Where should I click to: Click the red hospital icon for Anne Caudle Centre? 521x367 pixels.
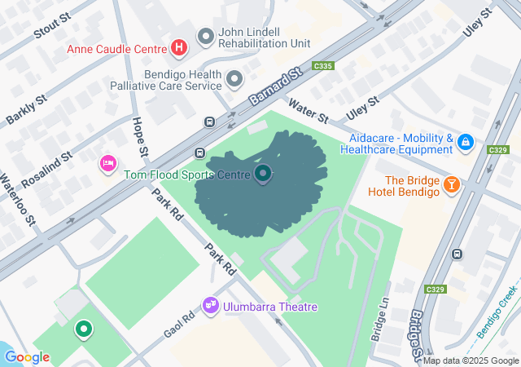click(x=179, y=48)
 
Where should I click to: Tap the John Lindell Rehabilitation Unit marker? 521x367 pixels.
click(x=206, y=37)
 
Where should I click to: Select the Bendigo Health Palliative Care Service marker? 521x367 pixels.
click(x=235, y=79)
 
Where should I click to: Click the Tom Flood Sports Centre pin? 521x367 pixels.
click(x=263, y=174)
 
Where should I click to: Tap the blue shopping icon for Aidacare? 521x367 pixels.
click(x=465, y=144)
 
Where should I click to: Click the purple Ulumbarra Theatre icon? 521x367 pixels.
click(x=211, y=306)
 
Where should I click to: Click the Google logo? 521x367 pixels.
click(x=27, y=357)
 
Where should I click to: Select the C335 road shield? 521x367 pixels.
click(x=323, y=66)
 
